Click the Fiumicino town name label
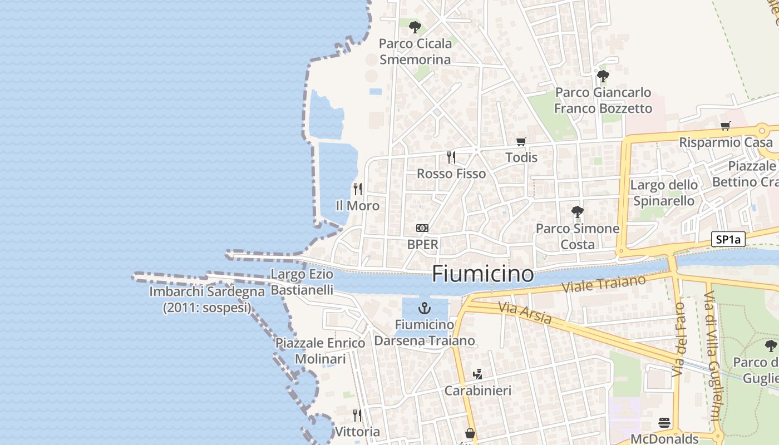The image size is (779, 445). click(482, 274)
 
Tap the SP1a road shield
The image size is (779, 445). click(728, 240)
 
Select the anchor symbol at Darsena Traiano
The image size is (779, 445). click(425, 308)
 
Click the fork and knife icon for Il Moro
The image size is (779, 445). click(358, 189)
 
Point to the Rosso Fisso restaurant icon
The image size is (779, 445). click(451, 157)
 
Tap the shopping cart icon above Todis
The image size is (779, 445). click(521, 141)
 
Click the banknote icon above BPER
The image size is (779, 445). click(422, 228)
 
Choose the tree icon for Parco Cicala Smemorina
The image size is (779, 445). click(415, 27)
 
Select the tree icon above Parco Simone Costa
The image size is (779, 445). click(578, 212)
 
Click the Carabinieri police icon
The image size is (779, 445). click(477, 374)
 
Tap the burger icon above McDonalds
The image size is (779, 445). click(664, 423)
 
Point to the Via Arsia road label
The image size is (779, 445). click(525, 313)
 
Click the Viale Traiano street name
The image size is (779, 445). click(603, 283)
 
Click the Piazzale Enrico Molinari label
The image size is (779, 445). click(321, 351)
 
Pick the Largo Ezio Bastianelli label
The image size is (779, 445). click(302, 282)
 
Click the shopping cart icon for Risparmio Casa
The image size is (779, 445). click(725, 126)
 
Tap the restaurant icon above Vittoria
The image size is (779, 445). click(357, 415)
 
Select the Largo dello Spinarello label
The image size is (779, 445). click(664, 192)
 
